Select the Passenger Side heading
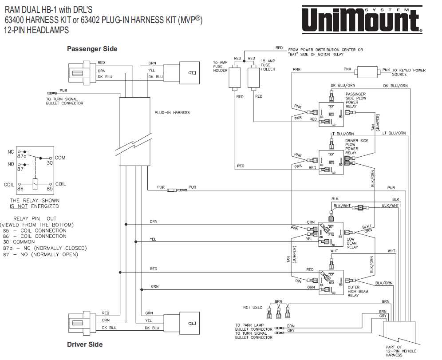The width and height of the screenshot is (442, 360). click(x=92, y=48)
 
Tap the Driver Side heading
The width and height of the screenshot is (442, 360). click(x=84, y=344)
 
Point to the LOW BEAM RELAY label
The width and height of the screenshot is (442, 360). click(x=352, y=243)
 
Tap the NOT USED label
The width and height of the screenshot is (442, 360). click(x=253, y=307)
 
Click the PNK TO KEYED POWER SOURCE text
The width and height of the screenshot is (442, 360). click(x=404, y=72)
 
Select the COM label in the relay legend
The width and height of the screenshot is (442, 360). click(x=60, y=158)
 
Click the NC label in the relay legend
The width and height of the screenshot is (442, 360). click(x=11, y=152)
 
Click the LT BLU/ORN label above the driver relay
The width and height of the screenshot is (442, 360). click(x=342, y=134)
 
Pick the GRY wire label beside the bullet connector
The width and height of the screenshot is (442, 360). click(x=291, y=331)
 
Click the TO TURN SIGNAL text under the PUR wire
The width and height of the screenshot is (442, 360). click(x=62, y=99)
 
